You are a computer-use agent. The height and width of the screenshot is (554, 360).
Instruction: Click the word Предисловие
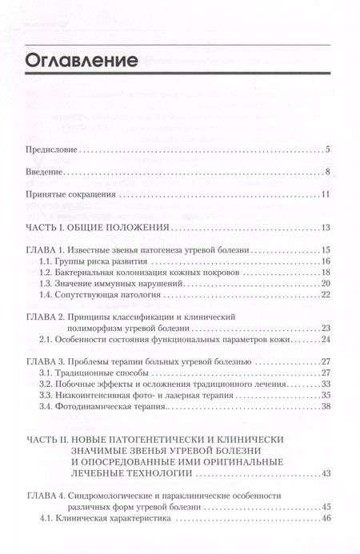(53, 150)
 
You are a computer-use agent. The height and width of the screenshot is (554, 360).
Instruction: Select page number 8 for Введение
(328, 173)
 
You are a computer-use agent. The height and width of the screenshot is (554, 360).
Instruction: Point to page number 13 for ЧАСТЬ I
(326, 229)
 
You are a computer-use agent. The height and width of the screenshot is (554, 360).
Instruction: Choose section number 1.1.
(46, 262)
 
